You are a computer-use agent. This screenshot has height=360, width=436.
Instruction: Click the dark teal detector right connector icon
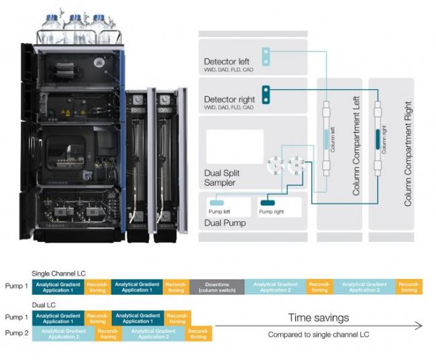click(x=266, y=95)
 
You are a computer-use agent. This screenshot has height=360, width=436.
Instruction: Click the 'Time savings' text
click(x=319, y=317)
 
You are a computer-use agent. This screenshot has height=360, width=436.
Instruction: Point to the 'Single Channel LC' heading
click(x=56, y=274)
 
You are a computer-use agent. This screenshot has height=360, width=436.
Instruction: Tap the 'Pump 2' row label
click(x=16, y=333)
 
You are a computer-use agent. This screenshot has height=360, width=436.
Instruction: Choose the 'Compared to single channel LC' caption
click(x=319, y=334)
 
